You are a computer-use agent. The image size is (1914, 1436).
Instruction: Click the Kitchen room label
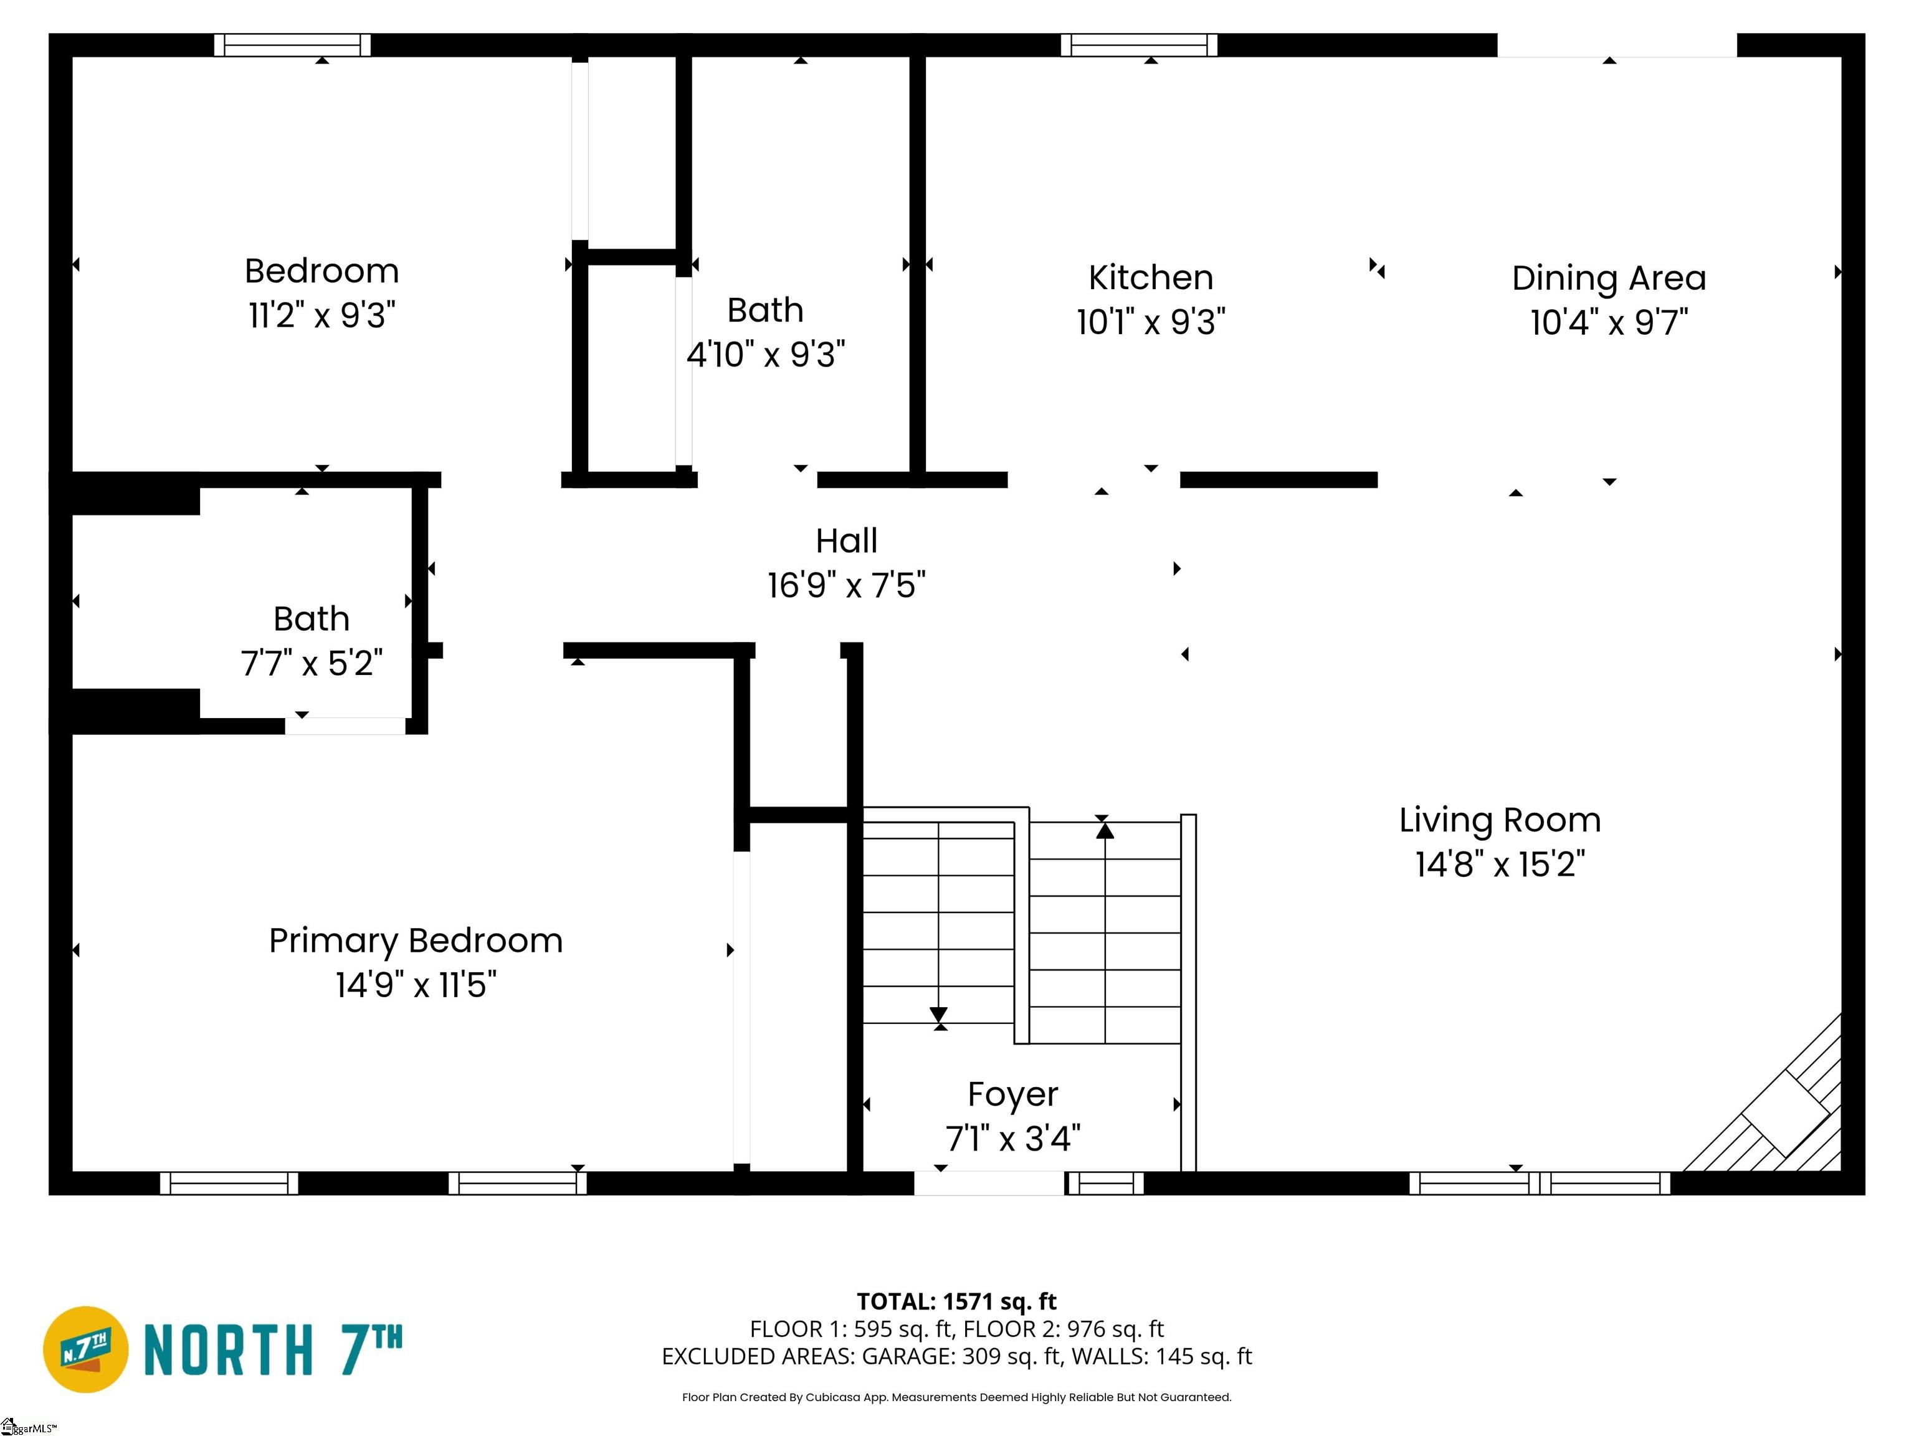pyautogui.click(x=1151, y=278)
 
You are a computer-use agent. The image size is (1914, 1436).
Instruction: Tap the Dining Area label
pyautogui.click(x=1609, y=279)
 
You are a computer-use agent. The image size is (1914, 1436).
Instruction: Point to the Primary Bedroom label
pyautogui.click(x=416, y=941)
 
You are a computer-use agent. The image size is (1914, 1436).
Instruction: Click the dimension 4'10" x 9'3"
pyautogui.click(x=766, y=355)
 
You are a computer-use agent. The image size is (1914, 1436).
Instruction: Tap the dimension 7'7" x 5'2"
pyautogui.click(x=312, y=664)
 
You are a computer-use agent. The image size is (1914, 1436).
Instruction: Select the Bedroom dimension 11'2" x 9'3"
pyautogui.click(x=322, y=316)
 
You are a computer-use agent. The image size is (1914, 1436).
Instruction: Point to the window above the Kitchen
pyautogui.click(x=1139, y=45)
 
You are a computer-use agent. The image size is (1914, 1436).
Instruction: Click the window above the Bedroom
pyautogui.click(x=292, y=45)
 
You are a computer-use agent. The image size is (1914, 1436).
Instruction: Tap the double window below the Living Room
pyautogui.click(x=1540, y=1183)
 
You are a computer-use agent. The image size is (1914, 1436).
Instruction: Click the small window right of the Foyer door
pyautogui.click(x=1104, y=1183)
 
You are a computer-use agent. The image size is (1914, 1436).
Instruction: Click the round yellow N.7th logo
pyautogui.click(x=85, y=1349)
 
